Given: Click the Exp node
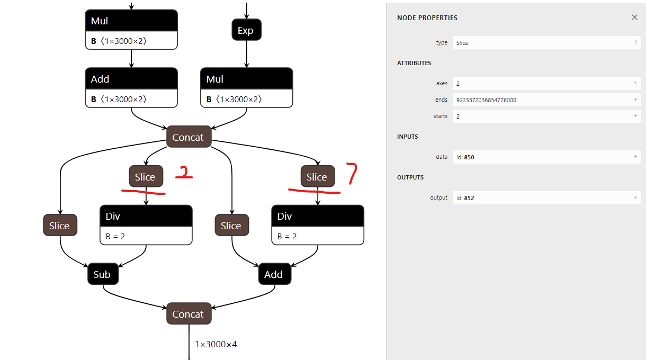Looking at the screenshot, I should (x=246, y=30).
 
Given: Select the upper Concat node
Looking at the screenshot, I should (x=189, y=137).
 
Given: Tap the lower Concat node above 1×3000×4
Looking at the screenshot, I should (x=189, y=314).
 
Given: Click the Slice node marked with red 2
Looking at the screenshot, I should (x=146, y=177).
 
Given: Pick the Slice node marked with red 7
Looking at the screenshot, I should (x=317, y=177).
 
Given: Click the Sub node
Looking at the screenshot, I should (x=102, y=274).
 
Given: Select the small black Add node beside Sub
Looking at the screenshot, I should (x=274, y=274).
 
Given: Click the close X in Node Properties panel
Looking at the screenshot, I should (x=634, y=17).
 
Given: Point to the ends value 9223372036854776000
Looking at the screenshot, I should (x=486, y=100).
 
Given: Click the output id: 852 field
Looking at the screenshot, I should (x=545, y=198).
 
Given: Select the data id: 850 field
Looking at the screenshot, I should (x=545, y=157).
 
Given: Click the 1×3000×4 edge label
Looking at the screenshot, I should (x=216, y=345).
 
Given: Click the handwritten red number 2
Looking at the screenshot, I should (x=183, y=173).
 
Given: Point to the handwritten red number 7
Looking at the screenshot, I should (x=352, y=174).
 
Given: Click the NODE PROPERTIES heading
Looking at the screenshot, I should (x=427, y=18).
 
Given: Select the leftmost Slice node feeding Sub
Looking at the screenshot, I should (x=59, y=226).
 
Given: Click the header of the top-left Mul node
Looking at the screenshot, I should (x=131, y=21).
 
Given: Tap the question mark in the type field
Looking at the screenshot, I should (x=635, y=42).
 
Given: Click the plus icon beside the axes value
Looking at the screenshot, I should (x=635, y=84).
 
